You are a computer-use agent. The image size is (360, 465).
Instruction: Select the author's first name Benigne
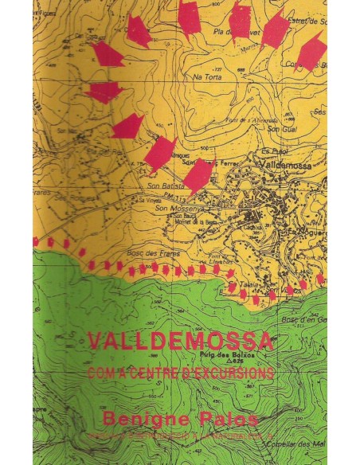(146, 417)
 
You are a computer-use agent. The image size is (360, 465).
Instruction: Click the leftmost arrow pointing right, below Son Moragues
(104, 92)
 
